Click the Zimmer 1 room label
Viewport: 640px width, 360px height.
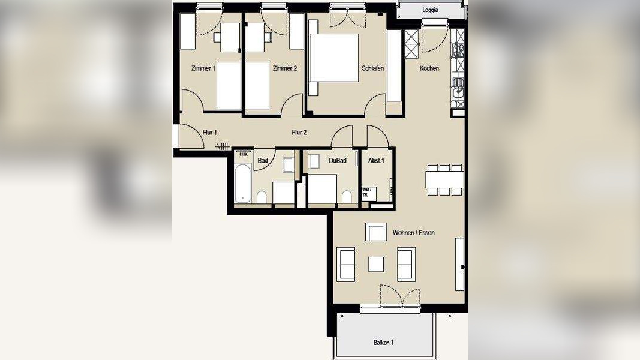point(203,68)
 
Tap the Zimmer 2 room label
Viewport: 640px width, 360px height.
point(284,68)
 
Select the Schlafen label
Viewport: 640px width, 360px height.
point(372,68)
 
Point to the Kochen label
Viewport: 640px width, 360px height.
point(429,68)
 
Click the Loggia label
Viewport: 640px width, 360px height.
point(430,10)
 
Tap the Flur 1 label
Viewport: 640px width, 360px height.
point(209,132)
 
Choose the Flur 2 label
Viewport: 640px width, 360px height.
point(299,132)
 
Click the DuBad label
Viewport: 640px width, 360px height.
point(338,160)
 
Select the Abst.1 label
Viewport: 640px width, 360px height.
point(376,160)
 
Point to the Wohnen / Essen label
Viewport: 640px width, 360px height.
point(413,233)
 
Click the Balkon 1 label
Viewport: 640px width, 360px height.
point(383,343)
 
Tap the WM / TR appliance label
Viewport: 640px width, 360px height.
point(366,192)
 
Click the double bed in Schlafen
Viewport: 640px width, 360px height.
point(334,58)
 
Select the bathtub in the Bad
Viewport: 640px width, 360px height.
point(242,183)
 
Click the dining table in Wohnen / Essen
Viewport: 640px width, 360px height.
point(444,179)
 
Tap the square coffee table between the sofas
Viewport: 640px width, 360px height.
point(376,265)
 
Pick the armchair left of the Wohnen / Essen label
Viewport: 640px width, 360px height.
point(376,232)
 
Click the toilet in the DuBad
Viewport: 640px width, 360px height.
point(347,196)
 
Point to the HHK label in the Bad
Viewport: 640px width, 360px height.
point(244,154)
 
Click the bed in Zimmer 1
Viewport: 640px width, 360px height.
point(229,86)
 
